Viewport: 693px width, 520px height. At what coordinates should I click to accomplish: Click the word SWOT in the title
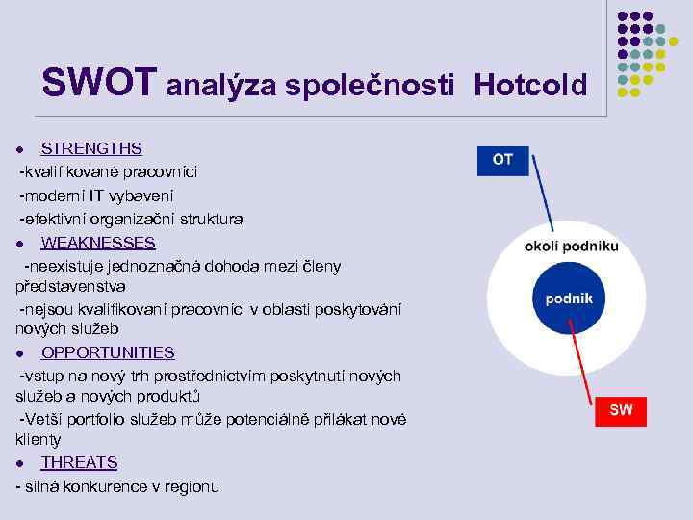tap(96, 84)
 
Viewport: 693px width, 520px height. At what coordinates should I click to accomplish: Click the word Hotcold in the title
tap(529, 86)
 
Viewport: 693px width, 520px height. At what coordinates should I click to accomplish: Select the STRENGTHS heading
tap(91, 148)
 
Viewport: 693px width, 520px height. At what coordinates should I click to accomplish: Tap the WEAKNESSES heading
tap(98, 242)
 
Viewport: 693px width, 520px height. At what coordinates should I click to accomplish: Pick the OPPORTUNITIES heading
tap(108, 352)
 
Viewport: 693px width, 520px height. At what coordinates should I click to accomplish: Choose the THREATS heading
tap(79, 462)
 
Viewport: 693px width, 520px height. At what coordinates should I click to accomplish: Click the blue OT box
tap(502, 160)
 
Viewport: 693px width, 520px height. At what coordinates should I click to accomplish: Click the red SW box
tap(621, 410)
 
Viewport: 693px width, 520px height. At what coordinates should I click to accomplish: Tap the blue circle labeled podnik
tap(569, 299)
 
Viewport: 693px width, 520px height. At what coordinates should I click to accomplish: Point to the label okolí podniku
tap(571, 246)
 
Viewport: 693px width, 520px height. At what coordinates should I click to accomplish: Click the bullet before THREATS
tap(20, 464)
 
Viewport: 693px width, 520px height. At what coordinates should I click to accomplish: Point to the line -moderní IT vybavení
tap(115, 195)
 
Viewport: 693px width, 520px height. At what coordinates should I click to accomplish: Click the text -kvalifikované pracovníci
tap(109, 171)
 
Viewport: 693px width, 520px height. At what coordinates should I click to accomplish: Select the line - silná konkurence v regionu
tap(117, 486)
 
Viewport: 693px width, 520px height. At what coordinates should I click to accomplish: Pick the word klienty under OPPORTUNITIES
tap(38, 439)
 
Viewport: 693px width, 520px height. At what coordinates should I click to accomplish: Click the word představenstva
tap(70, 287)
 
